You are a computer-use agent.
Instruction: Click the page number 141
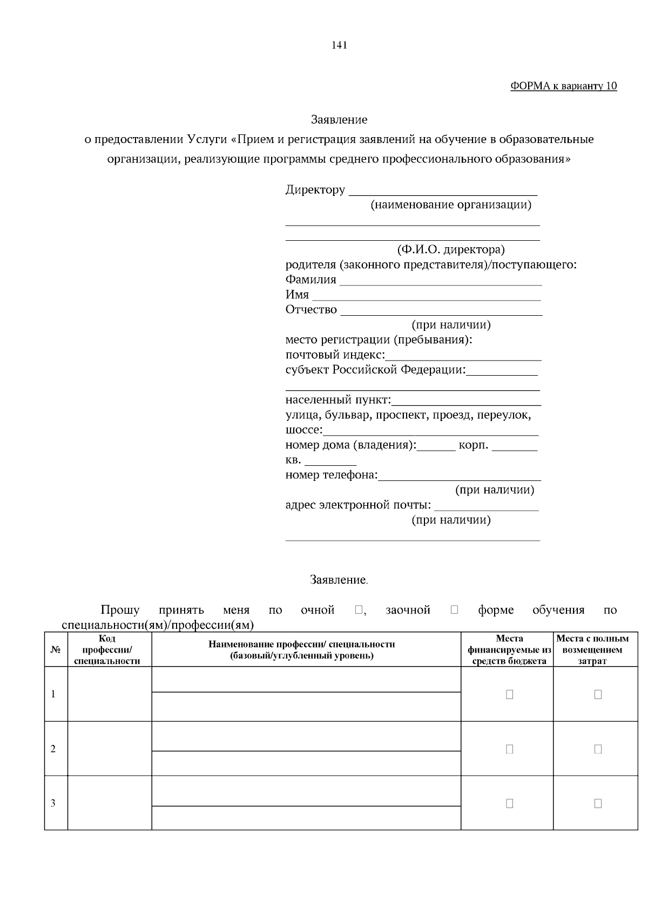(339, 45)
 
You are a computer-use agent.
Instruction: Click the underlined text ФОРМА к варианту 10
(563, 86)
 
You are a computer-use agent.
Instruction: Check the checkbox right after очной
(359, 609)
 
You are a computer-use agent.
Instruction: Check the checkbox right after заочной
(454, 609)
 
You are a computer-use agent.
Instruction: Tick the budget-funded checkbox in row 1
(509, 695)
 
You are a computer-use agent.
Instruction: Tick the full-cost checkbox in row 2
(598, 749)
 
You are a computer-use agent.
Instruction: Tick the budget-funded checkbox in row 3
(509, 804)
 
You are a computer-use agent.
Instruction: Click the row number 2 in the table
(53, 749)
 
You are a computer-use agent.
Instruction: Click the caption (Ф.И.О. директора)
(450, 250)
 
